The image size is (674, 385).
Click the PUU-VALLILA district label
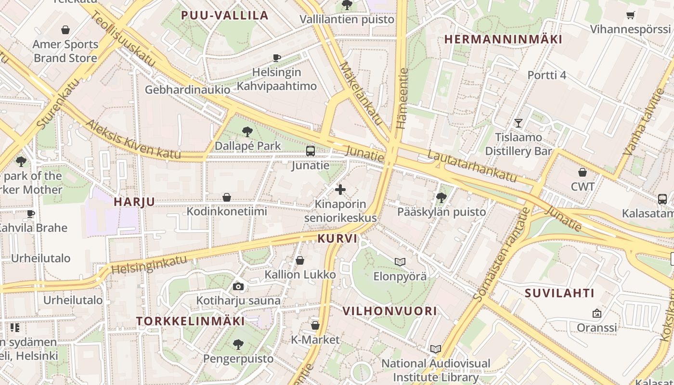[224, 15]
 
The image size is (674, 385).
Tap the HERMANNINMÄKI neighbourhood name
[503, 39]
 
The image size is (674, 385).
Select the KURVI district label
[337, 238]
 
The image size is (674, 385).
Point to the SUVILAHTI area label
[559, 293]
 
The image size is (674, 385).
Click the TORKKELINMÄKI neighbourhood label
[190, 321]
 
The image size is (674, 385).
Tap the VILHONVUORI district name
[389, 311]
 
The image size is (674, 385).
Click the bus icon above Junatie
[311, 151]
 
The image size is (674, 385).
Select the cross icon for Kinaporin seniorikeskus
[340, 190]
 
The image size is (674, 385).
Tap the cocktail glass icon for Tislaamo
[518, 123]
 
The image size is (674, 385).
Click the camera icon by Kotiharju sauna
[238, 287]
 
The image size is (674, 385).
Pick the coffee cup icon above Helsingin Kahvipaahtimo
[277, 58]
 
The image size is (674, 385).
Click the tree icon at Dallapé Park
[247, 131]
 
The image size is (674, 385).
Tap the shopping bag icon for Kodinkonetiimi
[227, 197]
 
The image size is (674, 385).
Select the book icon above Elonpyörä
[400, 262]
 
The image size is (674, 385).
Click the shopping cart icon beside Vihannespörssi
[630, 15]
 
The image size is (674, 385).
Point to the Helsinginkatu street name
[149, 265]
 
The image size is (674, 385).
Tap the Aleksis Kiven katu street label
[133, 140]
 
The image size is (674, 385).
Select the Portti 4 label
[547, 75]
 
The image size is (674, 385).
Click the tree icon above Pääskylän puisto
[441, 197]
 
